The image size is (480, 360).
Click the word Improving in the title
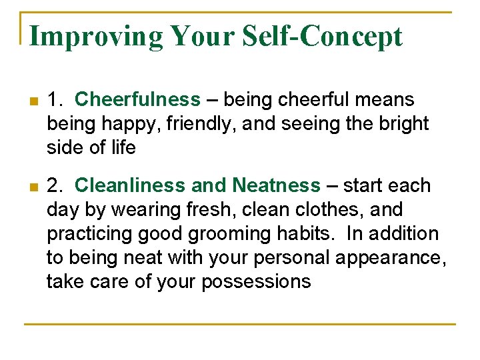[96, 36]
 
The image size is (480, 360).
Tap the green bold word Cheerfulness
[137, 100]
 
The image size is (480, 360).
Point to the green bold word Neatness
[277, 185]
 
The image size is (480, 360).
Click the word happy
[127, 124]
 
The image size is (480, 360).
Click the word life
[124, 148]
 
